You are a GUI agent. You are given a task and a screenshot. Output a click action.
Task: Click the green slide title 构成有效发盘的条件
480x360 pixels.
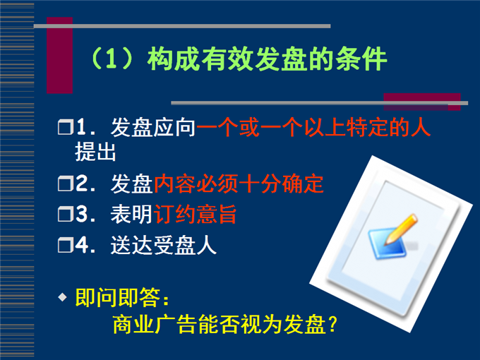(x=268, y=59)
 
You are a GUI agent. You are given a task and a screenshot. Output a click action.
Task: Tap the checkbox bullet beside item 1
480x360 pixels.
(x=66, y=127)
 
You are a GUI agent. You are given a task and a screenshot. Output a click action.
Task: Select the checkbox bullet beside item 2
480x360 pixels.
(x=66, y=184)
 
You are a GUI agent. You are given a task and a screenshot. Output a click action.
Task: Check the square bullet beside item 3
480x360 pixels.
(x=66, y=214)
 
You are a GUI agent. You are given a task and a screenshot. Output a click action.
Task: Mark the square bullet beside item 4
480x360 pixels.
(x=66, y=245)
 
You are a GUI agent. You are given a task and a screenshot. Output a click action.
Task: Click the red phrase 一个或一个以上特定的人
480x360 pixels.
(x=313, y=127)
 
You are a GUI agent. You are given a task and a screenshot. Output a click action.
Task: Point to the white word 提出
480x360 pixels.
(x=95, y=152)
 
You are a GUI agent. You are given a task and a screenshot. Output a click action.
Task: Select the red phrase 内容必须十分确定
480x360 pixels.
(x=239, y=184)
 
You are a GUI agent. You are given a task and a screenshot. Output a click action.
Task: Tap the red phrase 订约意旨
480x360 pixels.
(x=195, y=214)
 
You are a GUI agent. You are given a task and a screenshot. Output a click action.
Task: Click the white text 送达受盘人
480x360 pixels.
(x=164, y=245)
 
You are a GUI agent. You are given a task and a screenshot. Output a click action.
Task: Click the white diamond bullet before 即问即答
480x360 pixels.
(x=62, y=297)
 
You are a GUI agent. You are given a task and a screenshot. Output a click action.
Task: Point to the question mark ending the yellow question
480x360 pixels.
(x=332, y=325)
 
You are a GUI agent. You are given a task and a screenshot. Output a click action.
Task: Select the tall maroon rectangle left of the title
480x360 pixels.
(x=60, y=55)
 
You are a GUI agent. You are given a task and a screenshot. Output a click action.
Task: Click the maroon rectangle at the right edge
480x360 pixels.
(x=422, y=102)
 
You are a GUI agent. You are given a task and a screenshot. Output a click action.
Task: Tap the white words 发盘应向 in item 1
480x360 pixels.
(x=153, y=127)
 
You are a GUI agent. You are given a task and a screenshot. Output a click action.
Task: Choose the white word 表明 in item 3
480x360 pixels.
(x=131, y=214)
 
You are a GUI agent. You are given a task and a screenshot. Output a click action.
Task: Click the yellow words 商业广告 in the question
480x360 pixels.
(x=155, y=325)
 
